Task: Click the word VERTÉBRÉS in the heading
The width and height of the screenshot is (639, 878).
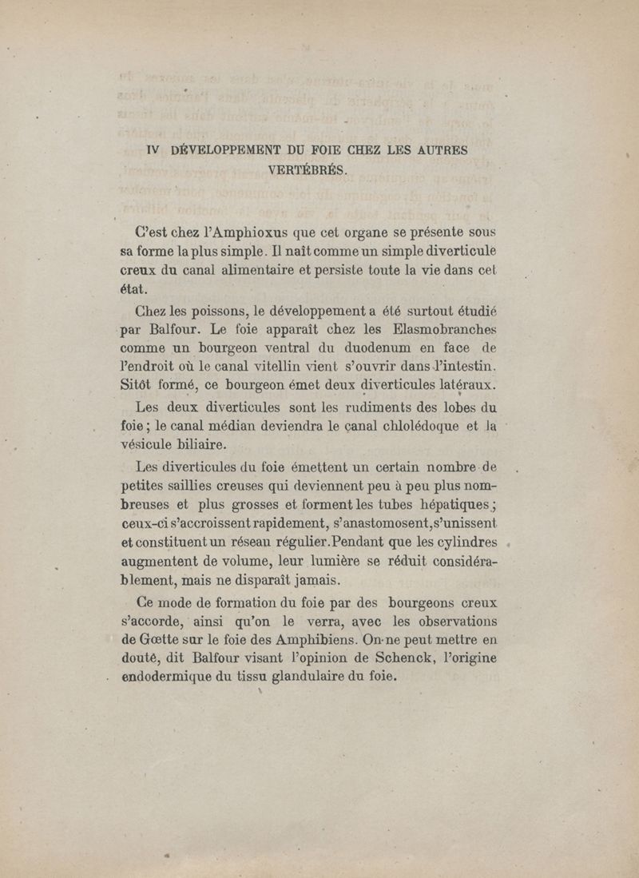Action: (x=308, y=169)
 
